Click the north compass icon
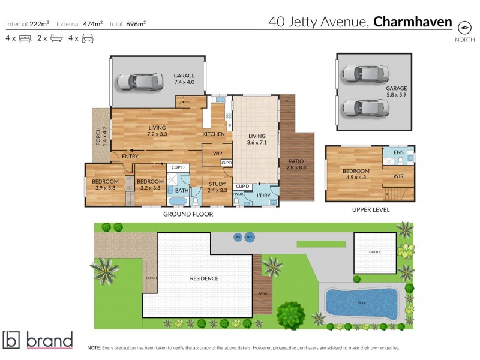click(x=464, y=27)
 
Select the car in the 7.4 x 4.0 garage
click(x=139, y=81)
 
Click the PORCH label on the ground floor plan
click(x=99, y=137)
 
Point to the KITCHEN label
click(x=214, y=134)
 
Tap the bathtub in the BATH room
click(x=178, y=201)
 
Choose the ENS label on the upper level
click(x=399, y=153)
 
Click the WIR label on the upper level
click(x=398, y=176)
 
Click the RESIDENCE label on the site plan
click(x=204, y=278)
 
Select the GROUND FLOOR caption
click(x=188, y=214)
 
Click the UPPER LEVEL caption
click(x=370, y=210)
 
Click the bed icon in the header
click(x=25, y=38)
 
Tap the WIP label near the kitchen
click(x=217, y=153)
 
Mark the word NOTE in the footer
click(x=94, y=348)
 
